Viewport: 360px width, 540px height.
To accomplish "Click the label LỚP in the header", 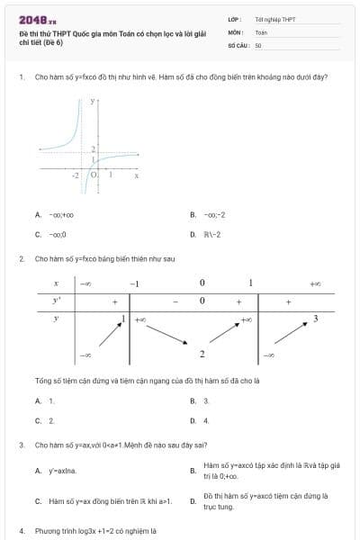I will [x=233, y=19].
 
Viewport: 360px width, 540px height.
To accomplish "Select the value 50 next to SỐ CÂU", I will [x=258, y=44].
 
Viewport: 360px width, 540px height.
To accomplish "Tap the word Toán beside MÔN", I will [x=261, y=31].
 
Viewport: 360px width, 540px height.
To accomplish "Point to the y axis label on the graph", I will [x=91, y=103].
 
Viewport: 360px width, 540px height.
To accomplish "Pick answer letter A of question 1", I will [x=38, y=215].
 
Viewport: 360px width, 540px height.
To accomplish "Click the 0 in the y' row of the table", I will [x=202, y=301].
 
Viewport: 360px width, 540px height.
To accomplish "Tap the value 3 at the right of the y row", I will [x=315, y=319].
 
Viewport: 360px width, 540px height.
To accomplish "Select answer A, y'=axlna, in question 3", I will [x=55, y=471].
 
